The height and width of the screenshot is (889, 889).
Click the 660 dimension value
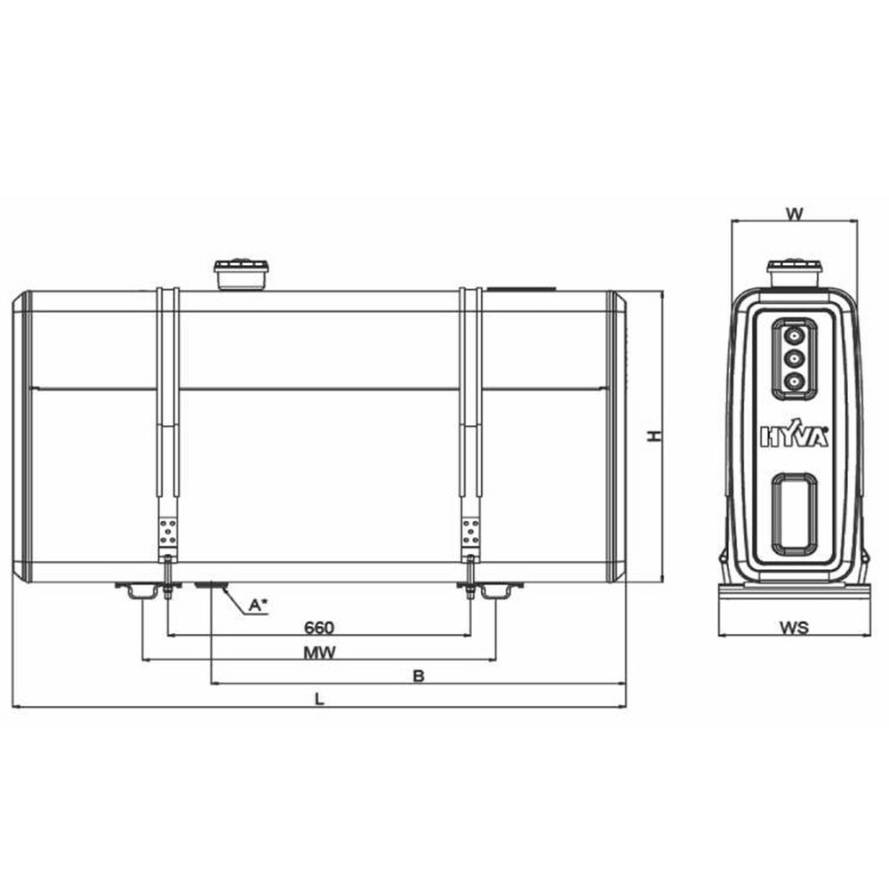[x=319, y=628]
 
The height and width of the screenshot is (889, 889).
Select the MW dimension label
[x=320, y=653]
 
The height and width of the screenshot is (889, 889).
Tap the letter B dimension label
[x=419, y=676]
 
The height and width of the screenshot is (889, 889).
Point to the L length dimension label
[x=320, y=699]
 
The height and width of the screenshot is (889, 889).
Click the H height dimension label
[x=655, y=436]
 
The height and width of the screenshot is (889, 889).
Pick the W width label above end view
[x=794, y=213]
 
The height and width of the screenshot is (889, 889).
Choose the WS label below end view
[x=794, y=628]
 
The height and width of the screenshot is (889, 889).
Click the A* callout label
[x=258, y=605]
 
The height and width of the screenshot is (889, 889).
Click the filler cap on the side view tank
[x=240, y=275]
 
